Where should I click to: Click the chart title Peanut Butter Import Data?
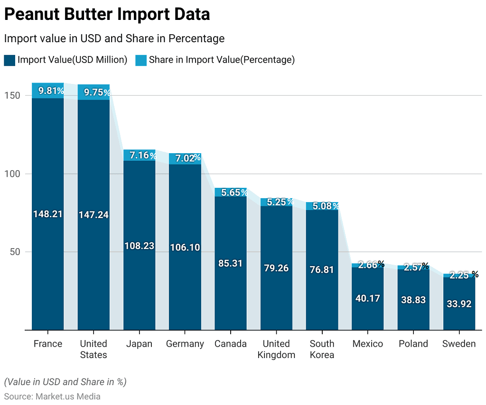pyautogui.click(x=107, y=15)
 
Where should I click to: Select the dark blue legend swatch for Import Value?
pyautogui.click(x=9, y=60)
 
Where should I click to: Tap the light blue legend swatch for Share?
pyautogui.click(x=141, y=60)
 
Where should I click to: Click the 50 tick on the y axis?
pyautogui.click(x=16, y=251)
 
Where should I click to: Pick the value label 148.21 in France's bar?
pyautogui.click(x=47, y=214)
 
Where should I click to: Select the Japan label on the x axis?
pyautogui.click(x=139, y=344)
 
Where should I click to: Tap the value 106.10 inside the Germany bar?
pyautogui.click(x=185, y=247)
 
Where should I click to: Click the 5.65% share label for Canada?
pyautogui.click(x=231, y=193)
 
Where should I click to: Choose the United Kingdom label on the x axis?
pyautogui.click(x=276, y=349)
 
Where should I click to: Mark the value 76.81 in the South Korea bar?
pyautogui.click(x=322, y=270)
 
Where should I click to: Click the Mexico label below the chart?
pyautogui.click(x=367, y=344)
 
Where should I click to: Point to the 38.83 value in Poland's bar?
pyautogui.click(x=413, y=300)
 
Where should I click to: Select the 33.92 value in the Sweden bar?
pyautogui.click(x=459, y=304)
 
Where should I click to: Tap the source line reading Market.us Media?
pyautogui.click(x=52, y=396)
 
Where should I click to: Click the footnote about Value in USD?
pyautogui.click(x=65, y=382)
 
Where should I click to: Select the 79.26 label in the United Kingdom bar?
pyautogui.click(x=276, y=268)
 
